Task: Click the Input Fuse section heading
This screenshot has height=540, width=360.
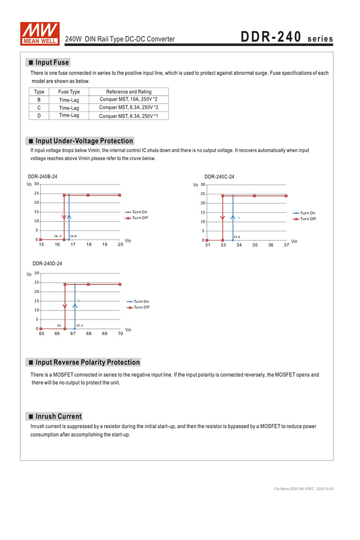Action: (x=52, y=63)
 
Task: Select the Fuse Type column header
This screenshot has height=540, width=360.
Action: (x=69, y=92)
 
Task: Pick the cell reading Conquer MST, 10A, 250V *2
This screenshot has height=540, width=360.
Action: (x=129, y=99)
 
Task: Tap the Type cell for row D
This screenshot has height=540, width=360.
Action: (x=39, y=116)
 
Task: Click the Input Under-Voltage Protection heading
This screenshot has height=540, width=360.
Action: (x=84, y=141)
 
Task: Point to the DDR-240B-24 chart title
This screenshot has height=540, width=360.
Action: (x=43, y=177)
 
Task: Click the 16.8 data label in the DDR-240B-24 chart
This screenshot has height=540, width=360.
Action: (x=73, y=236)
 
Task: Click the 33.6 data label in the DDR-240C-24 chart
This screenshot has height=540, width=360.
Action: (x=237, y=237)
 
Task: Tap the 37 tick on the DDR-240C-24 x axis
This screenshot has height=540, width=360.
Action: (x=287, y=245)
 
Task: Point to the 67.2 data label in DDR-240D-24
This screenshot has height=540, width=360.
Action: (x=80, y=325)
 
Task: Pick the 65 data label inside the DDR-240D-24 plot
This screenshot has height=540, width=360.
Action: (x=59, y=325)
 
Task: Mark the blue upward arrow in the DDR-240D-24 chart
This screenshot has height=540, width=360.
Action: (x=75, y=306)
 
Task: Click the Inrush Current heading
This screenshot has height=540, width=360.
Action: (x=58, y=416)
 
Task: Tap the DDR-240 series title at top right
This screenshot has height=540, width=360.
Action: (x=287, y=37)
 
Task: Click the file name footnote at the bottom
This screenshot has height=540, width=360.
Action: (x=304, y=488)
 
